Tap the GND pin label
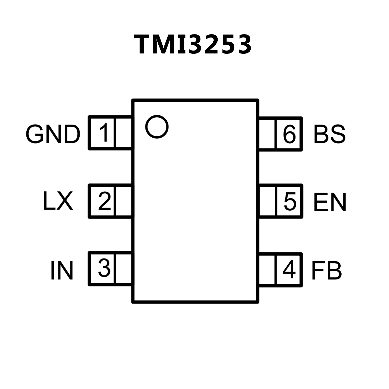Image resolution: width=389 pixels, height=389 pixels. pos(53,134)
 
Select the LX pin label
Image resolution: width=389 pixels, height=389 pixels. pos(58,201)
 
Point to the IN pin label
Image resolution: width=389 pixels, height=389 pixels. pos(62,270)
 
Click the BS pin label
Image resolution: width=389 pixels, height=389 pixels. pos(329,134)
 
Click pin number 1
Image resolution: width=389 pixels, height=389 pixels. pos(104,133)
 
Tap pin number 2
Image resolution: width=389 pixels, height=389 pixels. pos(104,201)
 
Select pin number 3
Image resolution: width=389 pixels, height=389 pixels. pos(104,269)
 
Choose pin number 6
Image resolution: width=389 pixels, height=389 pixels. pos(289,134)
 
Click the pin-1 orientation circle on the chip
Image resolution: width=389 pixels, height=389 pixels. pos(157,127)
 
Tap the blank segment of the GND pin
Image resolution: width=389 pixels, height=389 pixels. pos(123,133)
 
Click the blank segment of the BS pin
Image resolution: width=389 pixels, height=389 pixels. pos(267,134)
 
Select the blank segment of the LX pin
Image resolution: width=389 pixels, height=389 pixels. pos(123,201)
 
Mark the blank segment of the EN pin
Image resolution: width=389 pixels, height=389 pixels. pos(267,201)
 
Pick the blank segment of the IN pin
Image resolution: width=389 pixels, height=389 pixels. pos(123,269)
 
